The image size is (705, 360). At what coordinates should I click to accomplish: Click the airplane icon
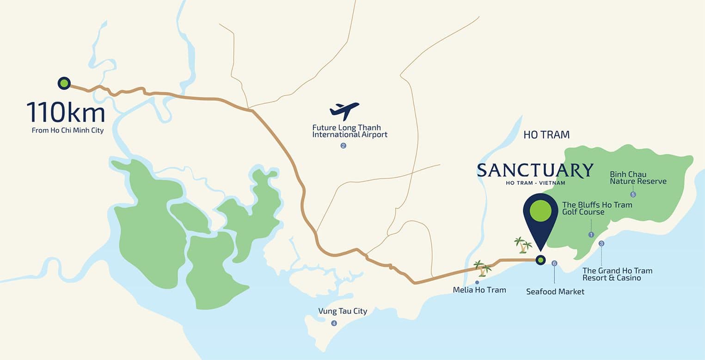tap(344, 111)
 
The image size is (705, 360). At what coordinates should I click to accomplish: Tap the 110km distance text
tap(66, 113)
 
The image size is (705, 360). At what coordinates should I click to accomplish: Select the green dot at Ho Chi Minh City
tap(64, 83)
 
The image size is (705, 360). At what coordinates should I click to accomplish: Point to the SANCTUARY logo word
tap(535, 171)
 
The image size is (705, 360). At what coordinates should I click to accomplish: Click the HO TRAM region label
tap(546, 135)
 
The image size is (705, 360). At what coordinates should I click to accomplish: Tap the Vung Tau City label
tap(343, 311)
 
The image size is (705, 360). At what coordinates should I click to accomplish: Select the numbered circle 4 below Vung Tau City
tap(334, 323)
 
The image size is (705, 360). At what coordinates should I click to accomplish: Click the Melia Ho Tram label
tap(479, 290)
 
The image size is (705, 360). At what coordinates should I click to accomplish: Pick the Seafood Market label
tap(555, 292)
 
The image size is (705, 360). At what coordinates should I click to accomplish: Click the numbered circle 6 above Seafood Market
tap(554, 263)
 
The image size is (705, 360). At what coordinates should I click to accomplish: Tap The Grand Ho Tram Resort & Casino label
tap(617, 274)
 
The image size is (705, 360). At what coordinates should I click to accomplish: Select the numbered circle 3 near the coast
tap(601, 244)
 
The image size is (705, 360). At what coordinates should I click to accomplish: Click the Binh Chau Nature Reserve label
tap(638, 178)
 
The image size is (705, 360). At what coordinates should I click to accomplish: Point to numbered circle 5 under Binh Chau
tap(633, 195)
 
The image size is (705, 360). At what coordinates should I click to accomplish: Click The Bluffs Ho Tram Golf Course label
tap(597, 208)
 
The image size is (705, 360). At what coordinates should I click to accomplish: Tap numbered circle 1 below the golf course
tap(591, 235)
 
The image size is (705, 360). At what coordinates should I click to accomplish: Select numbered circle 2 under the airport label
tap(343, 146)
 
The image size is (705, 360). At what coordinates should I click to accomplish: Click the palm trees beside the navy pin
tap(523, 245)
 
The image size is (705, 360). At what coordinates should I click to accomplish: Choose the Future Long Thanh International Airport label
tap(349, 131)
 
